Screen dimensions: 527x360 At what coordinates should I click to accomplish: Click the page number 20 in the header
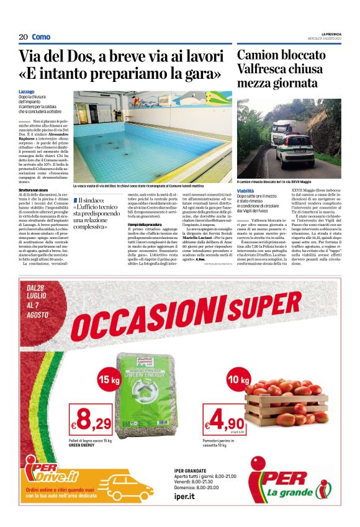click(x=23, y=37)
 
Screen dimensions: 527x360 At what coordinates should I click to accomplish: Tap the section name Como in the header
click(x=41, y=37)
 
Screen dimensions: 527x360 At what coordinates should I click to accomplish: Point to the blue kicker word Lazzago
click(x=27, y=92)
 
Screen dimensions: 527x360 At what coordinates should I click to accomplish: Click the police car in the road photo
click(x=292, y=150)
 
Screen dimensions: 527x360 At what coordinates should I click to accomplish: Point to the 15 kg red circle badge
click(x=107, y=379)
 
